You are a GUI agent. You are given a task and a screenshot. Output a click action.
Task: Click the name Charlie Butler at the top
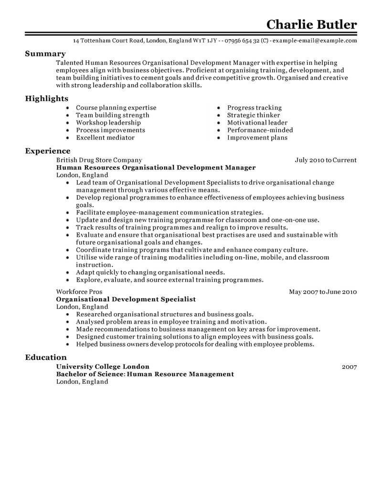[311, 24]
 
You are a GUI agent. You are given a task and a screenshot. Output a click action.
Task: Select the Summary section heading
[45, 54]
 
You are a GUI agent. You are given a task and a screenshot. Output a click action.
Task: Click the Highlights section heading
[47, 98]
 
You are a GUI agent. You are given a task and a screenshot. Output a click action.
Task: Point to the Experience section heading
[48, 151]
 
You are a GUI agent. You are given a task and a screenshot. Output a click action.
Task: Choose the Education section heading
[46, 357]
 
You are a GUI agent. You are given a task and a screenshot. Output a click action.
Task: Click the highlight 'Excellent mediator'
[105, 137]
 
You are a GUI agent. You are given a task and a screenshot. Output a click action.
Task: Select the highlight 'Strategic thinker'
[254, 115]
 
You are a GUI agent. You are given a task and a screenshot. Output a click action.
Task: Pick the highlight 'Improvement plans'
[257, 137]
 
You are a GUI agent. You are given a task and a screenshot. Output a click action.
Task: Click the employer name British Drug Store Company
[99, 160]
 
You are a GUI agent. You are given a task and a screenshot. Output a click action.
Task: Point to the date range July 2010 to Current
[326, 160]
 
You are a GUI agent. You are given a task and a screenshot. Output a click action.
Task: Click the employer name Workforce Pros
[79, 292]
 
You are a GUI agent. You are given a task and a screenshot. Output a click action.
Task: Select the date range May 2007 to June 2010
[323, 292]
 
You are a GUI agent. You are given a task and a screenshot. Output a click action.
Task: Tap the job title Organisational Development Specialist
[126, 299]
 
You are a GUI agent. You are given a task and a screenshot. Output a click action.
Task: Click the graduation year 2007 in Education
[350, 367]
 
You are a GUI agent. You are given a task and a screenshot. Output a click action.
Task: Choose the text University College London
[103, 367]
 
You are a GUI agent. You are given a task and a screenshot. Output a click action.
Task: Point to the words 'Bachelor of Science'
[90, 374]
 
